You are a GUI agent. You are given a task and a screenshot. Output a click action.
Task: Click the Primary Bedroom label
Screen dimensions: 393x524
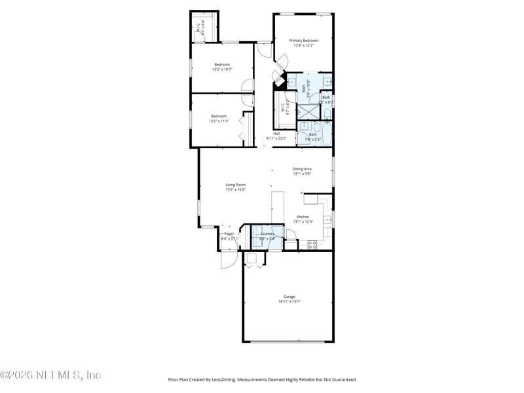tap(303, 40)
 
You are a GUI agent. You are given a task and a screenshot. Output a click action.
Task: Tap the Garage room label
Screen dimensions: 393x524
tap(289, 297)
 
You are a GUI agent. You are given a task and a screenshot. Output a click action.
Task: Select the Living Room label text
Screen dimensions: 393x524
tap(235, 185)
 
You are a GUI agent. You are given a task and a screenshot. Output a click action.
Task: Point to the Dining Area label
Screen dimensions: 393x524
tap(301, 169)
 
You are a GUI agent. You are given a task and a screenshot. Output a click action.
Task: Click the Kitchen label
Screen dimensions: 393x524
tap(303, 217)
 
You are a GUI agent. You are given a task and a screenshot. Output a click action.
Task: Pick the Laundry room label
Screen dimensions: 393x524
tap(267, 234)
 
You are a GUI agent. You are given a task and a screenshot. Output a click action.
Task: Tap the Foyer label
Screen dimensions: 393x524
tap(229, 234)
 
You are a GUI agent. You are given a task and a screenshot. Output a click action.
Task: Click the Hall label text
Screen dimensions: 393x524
tap(276, 134)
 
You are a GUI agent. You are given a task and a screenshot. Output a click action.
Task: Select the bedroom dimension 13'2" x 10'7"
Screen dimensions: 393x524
tap(222, 69)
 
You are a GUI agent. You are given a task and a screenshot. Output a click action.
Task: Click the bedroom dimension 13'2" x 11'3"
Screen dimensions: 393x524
tap(218, 121)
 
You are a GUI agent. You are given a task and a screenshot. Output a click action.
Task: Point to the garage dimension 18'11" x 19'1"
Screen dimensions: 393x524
tap(289, 302)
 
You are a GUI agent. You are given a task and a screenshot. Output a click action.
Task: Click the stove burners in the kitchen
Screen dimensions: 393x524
tap(312, 244)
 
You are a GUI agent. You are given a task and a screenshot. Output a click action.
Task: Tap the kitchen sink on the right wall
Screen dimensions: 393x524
tap(328, 219)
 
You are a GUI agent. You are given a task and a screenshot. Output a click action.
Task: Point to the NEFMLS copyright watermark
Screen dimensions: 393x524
tap(51, 375)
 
